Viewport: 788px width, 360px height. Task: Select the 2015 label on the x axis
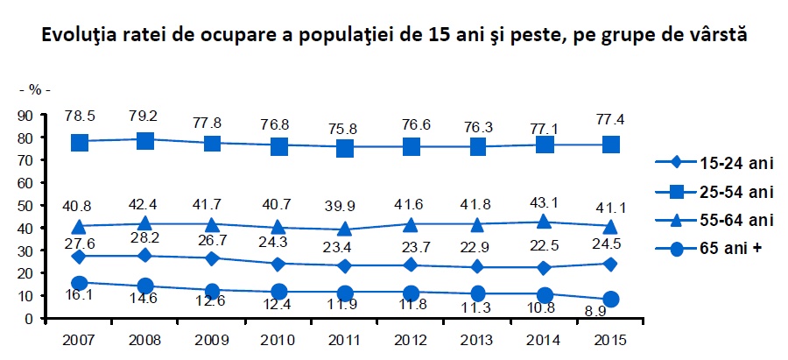[609, 338]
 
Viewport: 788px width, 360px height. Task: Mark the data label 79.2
[147, 116]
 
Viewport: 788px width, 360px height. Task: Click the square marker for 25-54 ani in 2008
[145, 140]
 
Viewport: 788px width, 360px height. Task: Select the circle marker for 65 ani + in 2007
[79, 283]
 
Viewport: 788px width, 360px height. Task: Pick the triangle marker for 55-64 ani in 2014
[544, 222]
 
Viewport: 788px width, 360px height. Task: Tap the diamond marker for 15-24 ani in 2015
[610, 264]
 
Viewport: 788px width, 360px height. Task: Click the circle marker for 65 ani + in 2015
[610, 299]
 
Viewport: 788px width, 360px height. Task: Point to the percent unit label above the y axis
[35, 90]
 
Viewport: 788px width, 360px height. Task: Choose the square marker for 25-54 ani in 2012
[411, 146]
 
